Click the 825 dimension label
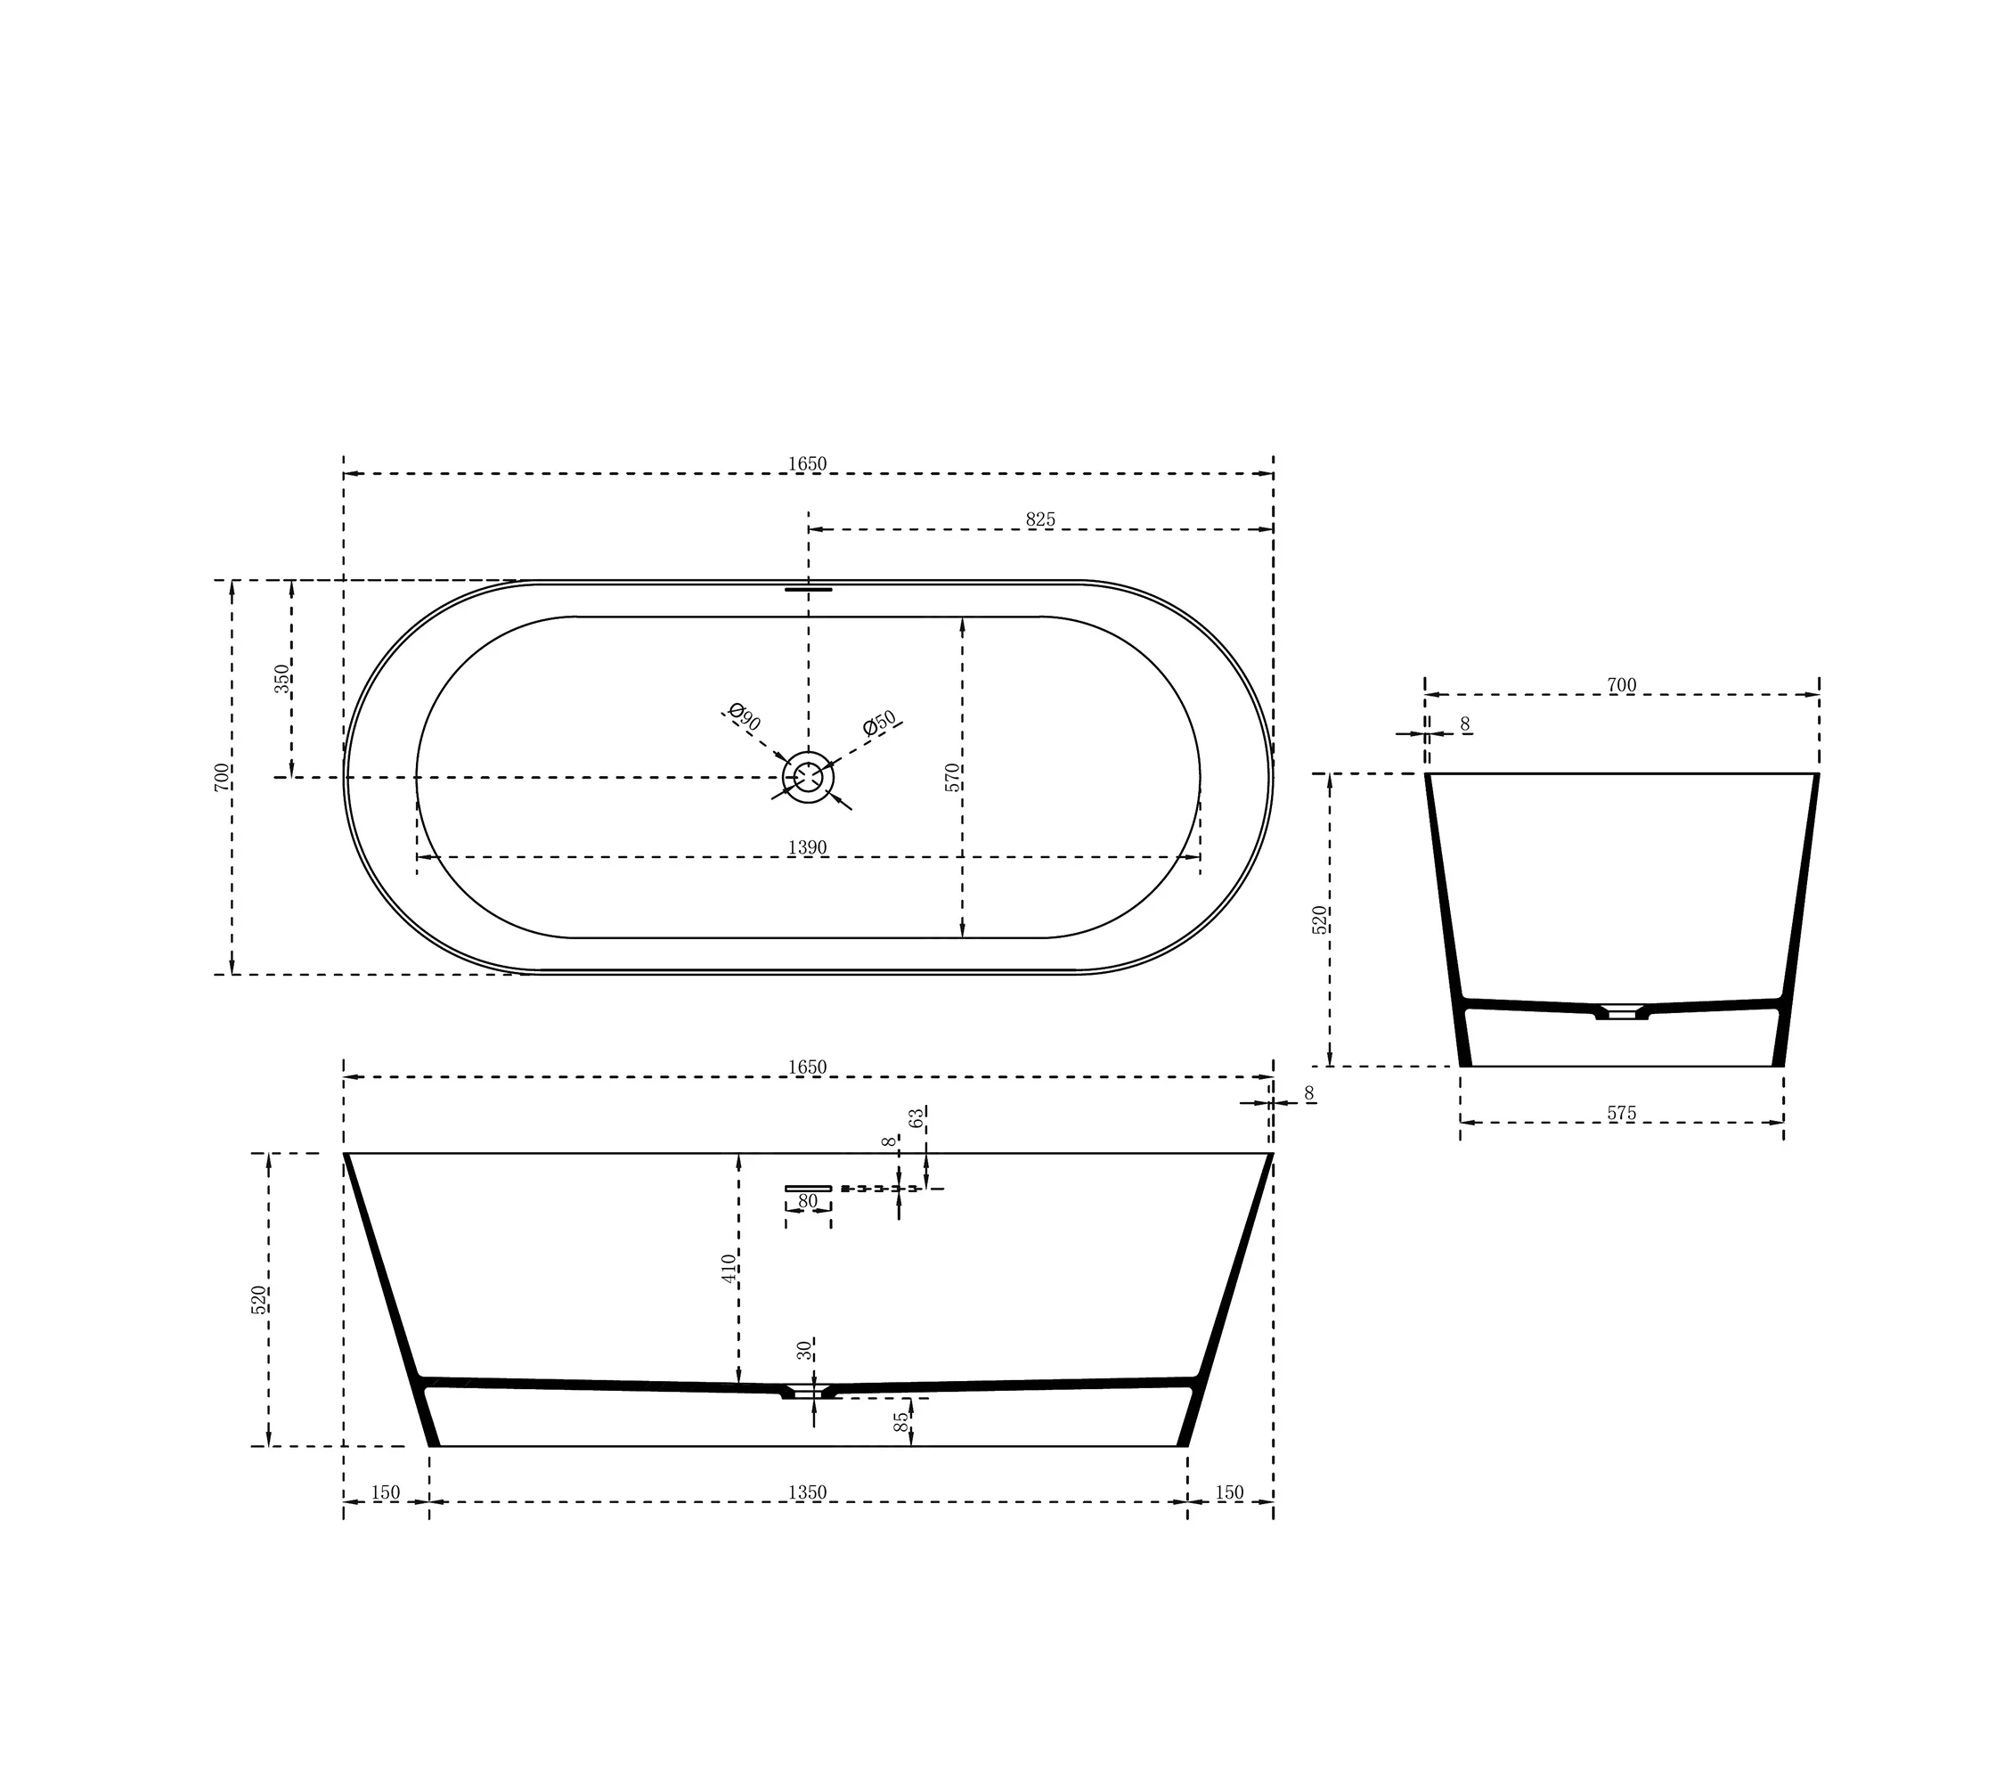coord(1040,519)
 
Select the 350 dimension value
coord(282,679)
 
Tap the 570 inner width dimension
coord(952,777)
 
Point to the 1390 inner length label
coord(807,847)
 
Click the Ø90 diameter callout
coord(744,717)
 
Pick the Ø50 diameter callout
coord(879,723)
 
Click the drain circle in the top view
coord(808,777)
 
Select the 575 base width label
coord(1622,1113)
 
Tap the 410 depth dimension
coord(729,1268)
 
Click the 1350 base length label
coord(807,1492)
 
